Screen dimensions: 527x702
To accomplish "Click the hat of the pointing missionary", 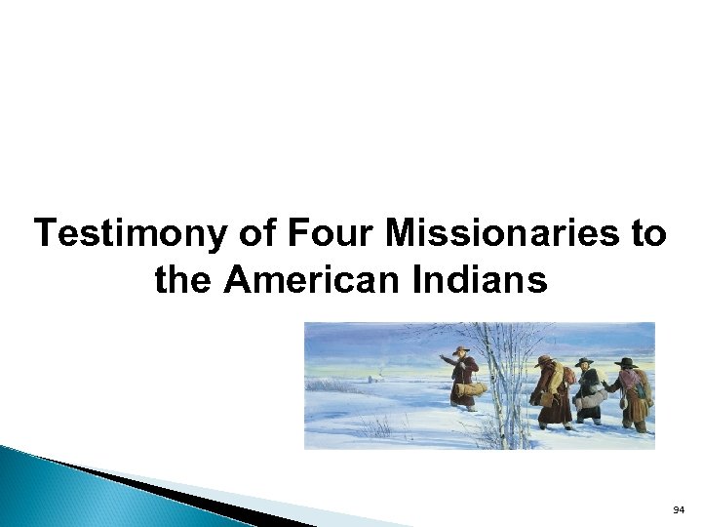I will tap(461, 348).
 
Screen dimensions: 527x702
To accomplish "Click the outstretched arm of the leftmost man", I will tap(448, 360).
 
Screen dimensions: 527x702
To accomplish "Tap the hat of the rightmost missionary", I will tap(624, 362).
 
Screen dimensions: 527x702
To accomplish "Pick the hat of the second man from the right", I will tap(584, 362).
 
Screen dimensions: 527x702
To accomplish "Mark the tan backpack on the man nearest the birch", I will tap(567, 377).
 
